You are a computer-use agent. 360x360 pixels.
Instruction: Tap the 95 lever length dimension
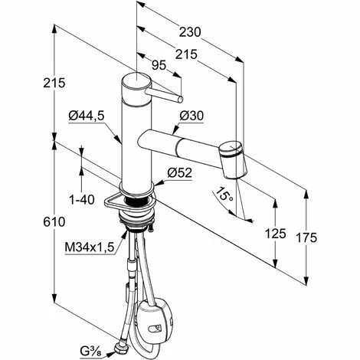point(159,67)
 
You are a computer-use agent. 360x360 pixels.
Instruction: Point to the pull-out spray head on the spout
point(233,158)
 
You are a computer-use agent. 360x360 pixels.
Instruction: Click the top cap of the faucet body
point(136,81)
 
